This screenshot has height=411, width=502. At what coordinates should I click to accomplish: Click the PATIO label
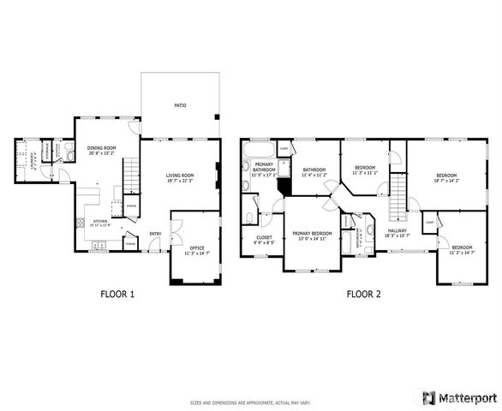180,105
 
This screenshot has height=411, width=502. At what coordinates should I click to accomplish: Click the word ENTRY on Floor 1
156,234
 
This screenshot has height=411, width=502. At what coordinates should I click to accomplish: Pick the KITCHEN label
101,223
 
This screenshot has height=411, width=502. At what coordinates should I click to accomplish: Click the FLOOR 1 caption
118,294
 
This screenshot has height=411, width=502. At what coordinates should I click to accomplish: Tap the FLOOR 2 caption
363,294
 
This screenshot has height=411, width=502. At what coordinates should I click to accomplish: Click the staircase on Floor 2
397,196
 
